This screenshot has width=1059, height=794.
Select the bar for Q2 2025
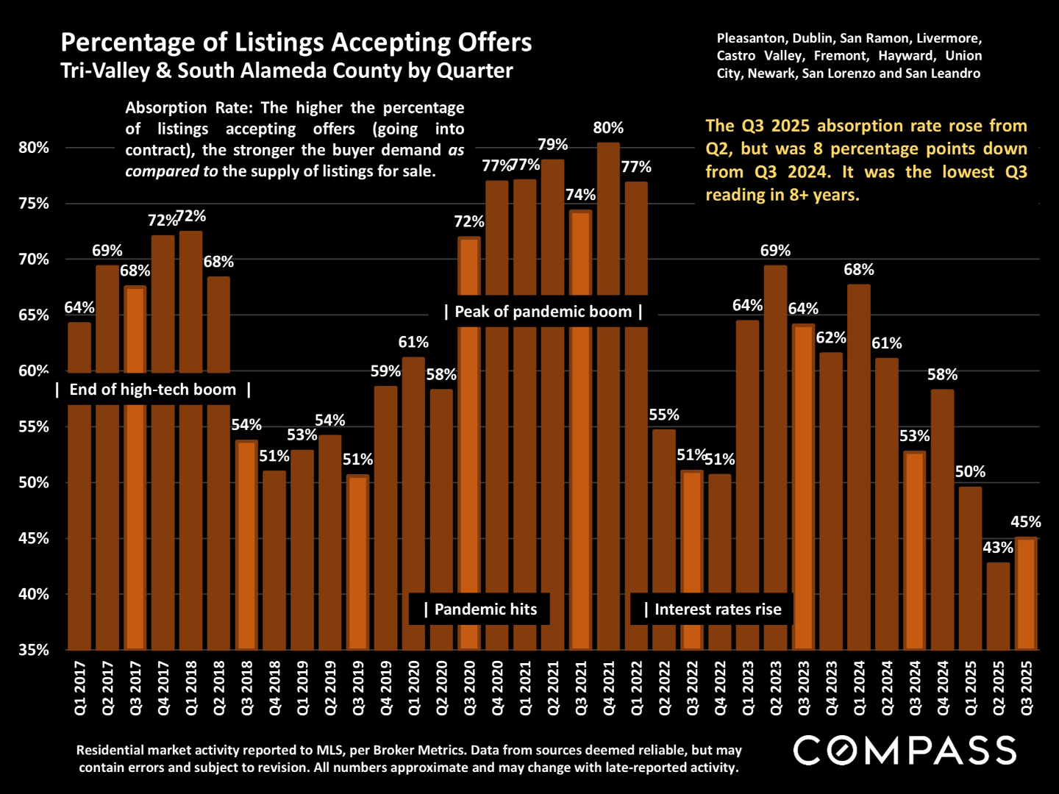click(x=998, y=606)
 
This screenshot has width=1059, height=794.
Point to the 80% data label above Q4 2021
click(x=608, y=128)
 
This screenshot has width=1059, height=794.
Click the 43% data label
click(x=998, y=548)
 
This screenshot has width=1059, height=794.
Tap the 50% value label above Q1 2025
click(x=970, y=472)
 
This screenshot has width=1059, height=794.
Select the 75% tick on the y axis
click(x=34, y=204)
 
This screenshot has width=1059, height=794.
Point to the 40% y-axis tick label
click(x=34, y=594)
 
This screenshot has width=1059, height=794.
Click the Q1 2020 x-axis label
click(x=414, y=687)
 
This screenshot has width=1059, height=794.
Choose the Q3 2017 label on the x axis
click(x=135, y=687)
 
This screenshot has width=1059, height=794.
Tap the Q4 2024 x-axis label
click(x=943, y=687)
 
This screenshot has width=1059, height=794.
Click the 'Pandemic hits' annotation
click(x=479, y=609)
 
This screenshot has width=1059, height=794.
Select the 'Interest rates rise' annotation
click(x=712, y=609)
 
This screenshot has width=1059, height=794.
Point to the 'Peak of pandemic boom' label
click(x=543, y=312)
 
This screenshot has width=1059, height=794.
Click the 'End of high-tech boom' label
click(x=153, y=390)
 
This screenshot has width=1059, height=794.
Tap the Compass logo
click(x=905, y=751)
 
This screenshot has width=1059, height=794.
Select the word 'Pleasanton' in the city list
click(x=750, y=38)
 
